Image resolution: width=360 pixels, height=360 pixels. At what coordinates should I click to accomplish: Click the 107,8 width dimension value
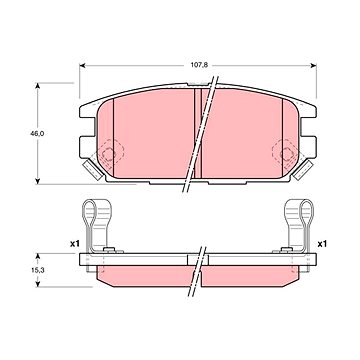[199, 65]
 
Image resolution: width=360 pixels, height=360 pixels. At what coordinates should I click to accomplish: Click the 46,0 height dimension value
[38, 133]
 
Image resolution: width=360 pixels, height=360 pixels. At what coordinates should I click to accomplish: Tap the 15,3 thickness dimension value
[38, 270]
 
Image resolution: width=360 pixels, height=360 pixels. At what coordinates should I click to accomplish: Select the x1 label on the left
[75, 244]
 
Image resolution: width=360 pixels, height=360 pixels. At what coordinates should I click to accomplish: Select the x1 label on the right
[322, 244]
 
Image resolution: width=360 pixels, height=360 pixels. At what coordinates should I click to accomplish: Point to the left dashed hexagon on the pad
[110, 153]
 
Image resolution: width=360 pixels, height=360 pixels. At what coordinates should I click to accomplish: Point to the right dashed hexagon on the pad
[286, 153]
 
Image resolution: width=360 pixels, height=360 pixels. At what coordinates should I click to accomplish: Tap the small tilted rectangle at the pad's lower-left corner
[93, 170]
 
